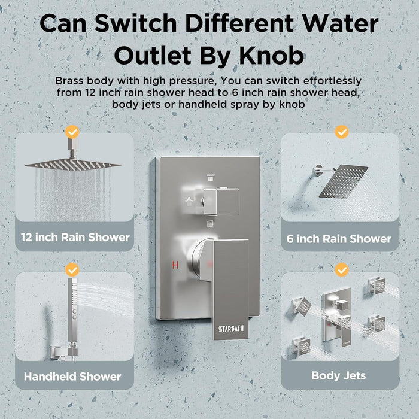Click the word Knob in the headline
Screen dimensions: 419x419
272,56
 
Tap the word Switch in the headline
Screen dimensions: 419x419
136,23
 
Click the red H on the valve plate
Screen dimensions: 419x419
175,265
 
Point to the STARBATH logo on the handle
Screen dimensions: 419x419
231,329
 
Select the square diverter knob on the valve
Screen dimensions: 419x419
221,202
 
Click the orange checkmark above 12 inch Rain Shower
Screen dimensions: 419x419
72,132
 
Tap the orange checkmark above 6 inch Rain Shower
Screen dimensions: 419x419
342,132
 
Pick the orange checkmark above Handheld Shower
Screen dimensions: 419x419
72,269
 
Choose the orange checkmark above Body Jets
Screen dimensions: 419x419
342,269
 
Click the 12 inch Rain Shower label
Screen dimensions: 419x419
75,237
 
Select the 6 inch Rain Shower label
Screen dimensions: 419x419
339,239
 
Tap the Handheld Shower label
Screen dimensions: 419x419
72,377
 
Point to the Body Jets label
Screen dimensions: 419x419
339,375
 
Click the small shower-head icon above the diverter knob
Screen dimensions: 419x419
211,177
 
